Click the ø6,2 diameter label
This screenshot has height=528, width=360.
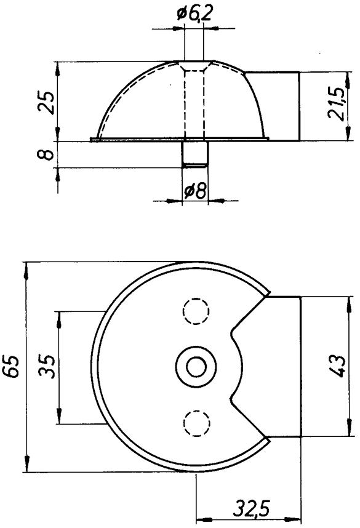194,15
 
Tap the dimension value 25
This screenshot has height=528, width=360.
46,103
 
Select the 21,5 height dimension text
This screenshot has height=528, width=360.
337,104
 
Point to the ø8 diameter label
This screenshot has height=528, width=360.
195,192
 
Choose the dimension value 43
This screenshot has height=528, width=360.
337,366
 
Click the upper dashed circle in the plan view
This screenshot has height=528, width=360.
196,311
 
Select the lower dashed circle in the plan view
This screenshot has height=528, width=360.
197,423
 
